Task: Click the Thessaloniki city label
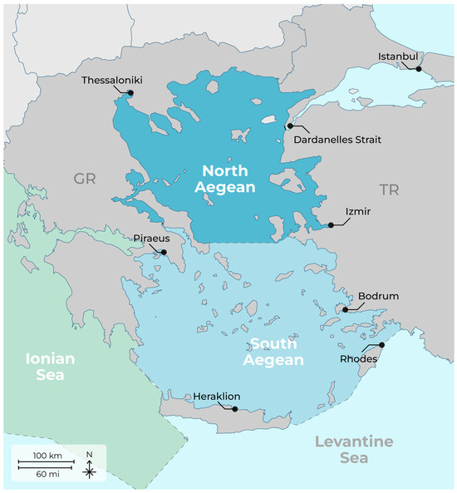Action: [x=113, y=81]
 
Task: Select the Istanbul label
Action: [x=396, y=56]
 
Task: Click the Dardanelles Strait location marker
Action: [x=289, y=126]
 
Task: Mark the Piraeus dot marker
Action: [x=164, y=252]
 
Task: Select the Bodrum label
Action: [x=378, y=296]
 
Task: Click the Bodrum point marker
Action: [x=346, y=310]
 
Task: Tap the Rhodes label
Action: [x=358, y=359]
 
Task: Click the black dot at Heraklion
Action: [x=235, y=409]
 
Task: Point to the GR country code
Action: [x=85, y=180]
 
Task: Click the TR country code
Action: [x=389, y=190]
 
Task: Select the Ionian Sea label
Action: [x=51, y=367]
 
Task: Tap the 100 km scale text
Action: [x=48, y=457]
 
